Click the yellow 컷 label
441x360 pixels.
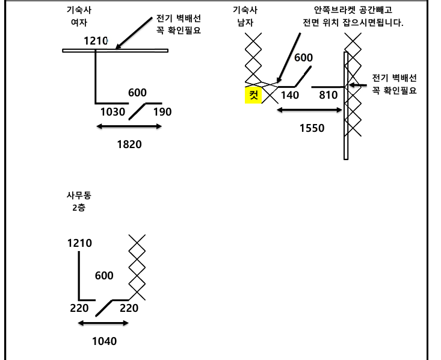[x=253, y=95]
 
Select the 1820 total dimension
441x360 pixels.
[x=129, y=144]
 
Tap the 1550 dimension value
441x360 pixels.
[x=312, y=128]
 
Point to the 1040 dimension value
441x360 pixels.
[x=104, y=341]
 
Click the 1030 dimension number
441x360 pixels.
[x=112, y=111]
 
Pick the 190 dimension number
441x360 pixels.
[x=162, y=111]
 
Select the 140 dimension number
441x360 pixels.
[x=290, y=95]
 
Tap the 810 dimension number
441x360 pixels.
[x=328, y=95]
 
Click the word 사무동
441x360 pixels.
[x=79, y=196]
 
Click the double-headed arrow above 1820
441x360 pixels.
[x=129, y=126]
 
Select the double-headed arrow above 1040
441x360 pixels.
[x=103, y=323]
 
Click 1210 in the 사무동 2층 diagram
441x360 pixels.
[x=79, y=243]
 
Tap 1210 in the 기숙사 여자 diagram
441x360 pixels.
[x=95, y=41]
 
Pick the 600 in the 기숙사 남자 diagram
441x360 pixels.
[x=303, y=58]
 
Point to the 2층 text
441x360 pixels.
[x=79, y=208]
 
